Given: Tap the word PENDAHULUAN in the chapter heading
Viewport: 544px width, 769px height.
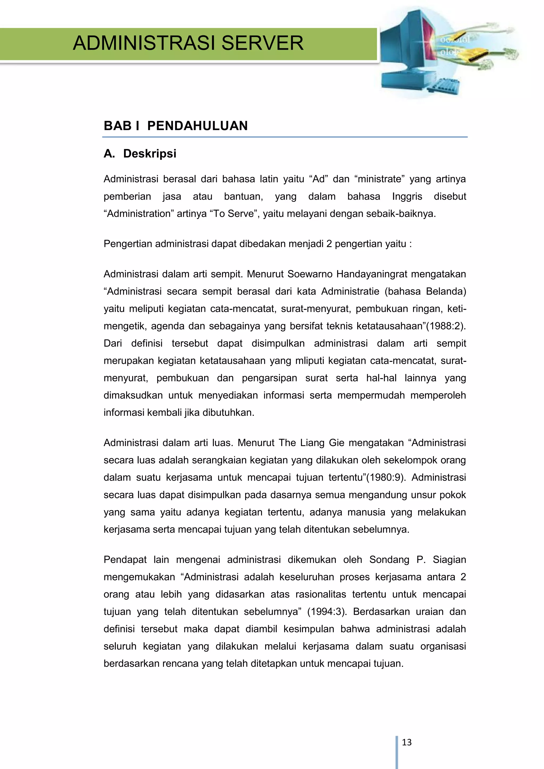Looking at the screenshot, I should click(x=197, y=126).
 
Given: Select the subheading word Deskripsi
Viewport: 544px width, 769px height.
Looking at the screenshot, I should click(x=150, y=154).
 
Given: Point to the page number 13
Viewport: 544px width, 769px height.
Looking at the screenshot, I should click(x=406, y=742).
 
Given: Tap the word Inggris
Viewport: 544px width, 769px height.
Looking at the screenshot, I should click(x=407, y=196).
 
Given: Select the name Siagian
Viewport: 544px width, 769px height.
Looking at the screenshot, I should click(x=449, y=560).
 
